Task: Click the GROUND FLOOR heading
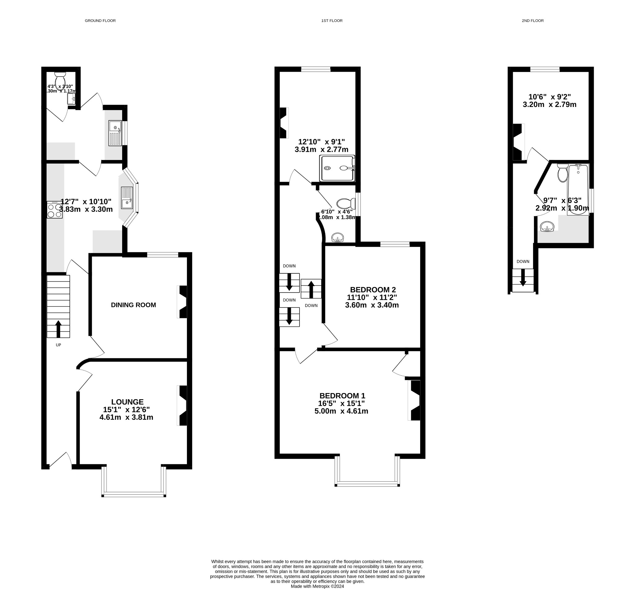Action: click(x=100, y=21)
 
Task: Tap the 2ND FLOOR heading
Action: click(x=532, y=21)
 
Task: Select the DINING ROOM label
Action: click(x=133, y=305)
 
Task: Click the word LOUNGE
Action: click(x=127, y=402)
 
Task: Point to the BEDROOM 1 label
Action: click(x=342, y=396)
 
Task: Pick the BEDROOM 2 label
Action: click(x=373, y=290)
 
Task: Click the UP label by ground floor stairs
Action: click(x=58, y=345)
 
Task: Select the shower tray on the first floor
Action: click(x=337, y=168)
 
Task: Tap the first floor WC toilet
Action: click(x=345, y=203)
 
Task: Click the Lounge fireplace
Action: click(x=183, y=406)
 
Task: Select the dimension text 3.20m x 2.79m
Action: click(x=549, y=104)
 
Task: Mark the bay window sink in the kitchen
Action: click(x=127, y=198)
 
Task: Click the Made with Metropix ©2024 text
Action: click(x=317, y=586)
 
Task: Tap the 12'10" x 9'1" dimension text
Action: click(x=321, y=142)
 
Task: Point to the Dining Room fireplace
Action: click(x=183, y=302)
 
